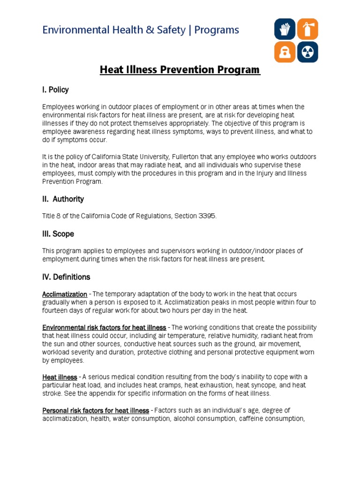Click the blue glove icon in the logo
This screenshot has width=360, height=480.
tap(285, 29)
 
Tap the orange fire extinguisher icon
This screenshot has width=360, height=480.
tap(307, 29)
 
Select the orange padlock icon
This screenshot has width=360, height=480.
tap(285, 52)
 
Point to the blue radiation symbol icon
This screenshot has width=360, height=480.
tap(307, 52)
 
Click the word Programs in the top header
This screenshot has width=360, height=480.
tap(217, 30)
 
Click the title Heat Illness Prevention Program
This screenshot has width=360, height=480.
tap(180, 70)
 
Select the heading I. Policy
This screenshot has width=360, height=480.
tap(55, 90)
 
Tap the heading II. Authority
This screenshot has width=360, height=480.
tap(63, 199)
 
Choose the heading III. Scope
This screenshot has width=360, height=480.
tap(58, 233)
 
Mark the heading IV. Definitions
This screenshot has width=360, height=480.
tap(66, 277)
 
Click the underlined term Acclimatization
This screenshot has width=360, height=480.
tap(65, 294)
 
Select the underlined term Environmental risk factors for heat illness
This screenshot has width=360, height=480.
tap(104, 327)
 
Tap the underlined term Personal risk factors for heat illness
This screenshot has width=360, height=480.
tap(96, 410)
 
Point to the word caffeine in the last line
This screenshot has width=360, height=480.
tap(252, 419)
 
